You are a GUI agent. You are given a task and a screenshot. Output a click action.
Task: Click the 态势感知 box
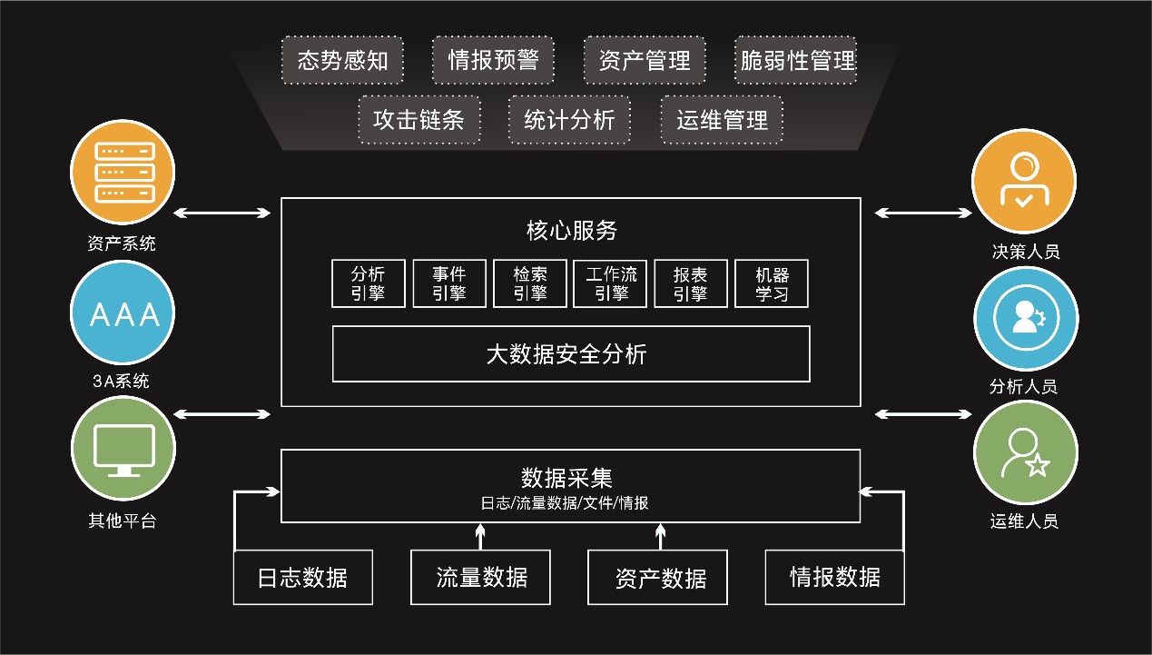(x=342, y=60)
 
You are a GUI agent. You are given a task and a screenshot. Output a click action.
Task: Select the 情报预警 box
(x=493, y=60)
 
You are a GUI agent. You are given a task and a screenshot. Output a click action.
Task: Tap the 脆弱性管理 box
(x=797, y=60)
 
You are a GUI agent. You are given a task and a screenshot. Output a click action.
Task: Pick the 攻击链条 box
(x=418, y=119)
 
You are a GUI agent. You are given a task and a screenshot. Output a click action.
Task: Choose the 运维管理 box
(x=722, y=119)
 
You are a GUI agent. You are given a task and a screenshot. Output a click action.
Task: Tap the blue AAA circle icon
(x=123, y=314)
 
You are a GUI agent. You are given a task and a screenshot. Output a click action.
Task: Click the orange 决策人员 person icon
(x=1023, y=181)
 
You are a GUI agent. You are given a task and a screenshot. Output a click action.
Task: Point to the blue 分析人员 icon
(x=1026, y=319)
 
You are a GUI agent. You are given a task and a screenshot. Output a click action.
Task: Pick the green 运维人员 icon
(x=1025, y=452)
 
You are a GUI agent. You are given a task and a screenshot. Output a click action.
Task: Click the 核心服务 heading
(x=571, y=230)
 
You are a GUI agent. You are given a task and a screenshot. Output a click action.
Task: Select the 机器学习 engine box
(x=772, y=283)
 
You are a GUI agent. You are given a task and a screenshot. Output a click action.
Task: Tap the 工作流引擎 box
(x=611, y=283)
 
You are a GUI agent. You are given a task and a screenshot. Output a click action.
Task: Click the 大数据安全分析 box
(x=571, y=353)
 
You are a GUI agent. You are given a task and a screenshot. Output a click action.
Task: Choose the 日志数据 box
(x=302, y=577)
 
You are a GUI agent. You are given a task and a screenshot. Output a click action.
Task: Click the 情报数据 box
(x=834, y=577)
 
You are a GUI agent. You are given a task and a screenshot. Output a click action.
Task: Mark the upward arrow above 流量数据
(x=481, y=536)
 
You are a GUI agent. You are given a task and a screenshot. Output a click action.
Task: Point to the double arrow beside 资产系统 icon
(x=222, y=213)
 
